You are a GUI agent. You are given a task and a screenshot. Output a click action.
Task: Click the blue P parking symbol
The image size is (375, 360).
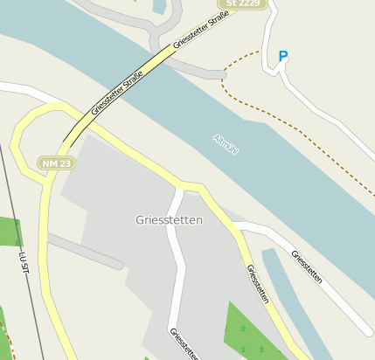(x=282, y=56)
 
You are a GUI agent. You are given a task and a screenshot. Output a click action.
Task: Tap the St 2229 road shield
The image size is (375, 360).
(x=241, y=3)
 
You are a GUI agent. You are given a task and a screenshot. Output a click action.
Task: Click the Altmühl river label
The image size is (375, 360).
(x=226, y=145)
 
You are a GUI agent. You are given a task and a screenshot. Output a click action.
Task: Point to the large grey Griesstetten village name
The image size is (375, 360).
(x=170, y=220)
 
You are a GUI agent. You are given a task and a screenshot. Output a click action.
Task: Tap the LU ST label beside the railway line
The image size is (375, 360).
(x=24, y=266)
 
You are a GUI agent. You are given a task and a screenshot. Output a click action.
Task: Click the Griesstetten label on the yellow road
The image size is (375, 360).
(x=257, y=285)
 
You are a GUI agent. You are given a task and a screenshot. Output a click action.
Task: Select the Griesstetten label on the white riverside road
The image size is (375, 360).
(x=307, y=268)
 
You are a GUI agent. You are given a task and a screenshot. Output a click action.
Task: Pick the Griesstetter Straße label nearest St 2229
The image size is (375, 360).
(x=207, y=30)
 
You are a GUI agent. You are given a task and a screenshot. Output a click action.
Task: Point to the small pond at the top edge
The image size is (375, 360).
(x=158, y=6)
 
